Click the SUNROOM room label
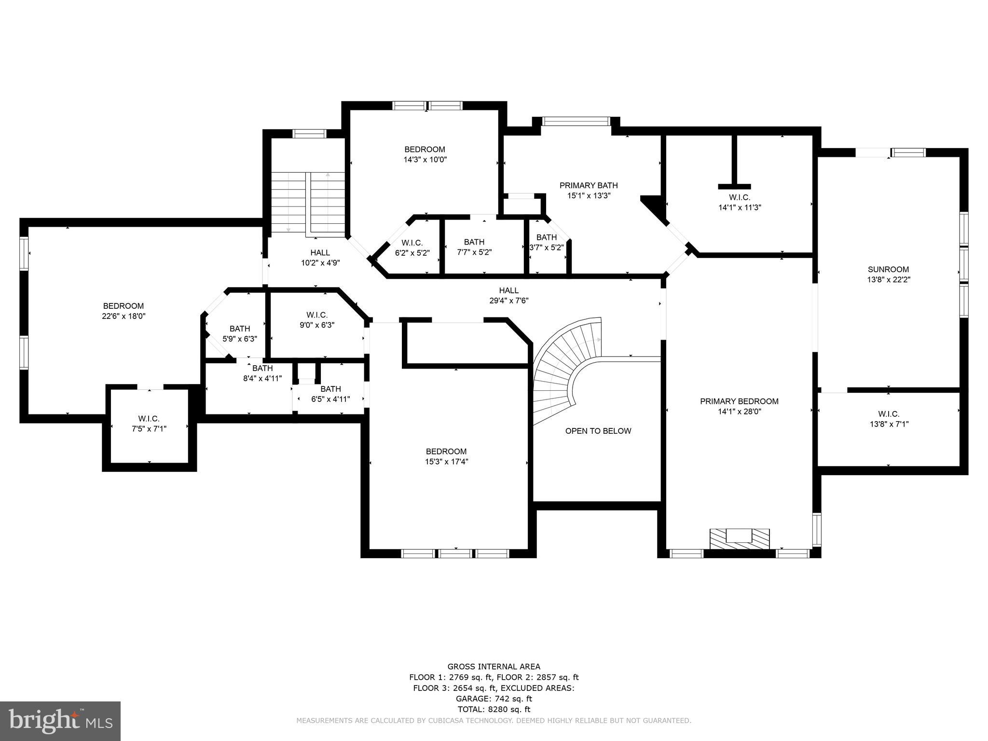pyautogui.click(x=888, y=270)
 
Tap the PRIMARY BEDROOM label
pyautogui.click(x=739, y=401)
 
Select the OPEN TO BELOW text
pyautogui.click(x=598, y=431)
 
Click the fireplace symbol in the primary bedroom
pyautogui.click(x=739, y=537)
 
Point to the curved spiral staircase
pyautogui.click(x=564, y=367)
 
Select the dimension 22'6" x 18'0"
pyautogui.click(x=123, y=316)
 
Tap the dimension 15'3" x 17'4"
pyautogui.click(x=446, y=462)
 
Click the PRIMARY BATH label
pyautogui.click(x=588, y=185)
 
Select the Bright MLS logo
pyautogui.click(x=60, y=721)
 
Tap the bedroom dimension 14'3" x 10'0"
pyautogui.click(x=425, y=160)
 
